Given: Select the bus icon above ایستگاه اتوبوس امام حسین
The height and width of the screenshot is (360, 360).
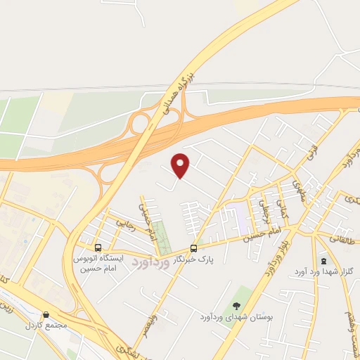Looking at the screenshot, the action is coord(98,247).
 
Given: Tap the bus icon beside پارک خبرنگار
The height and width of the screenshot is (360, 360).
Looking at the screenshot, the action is coord(193,247).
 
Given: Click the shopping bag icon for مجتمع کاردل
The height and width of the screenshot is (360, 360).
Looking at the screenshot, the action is coord(46,314).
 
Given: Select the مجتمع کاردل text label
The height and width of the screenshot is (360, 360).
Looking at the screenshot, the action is coord(44,326).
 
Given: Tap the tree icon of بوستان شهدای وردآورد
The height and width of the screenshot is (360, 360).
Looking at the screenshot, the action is coord(237,305).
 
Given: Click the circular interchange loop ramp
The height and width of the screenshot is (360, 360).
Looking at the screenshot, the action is coord(139,124).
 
